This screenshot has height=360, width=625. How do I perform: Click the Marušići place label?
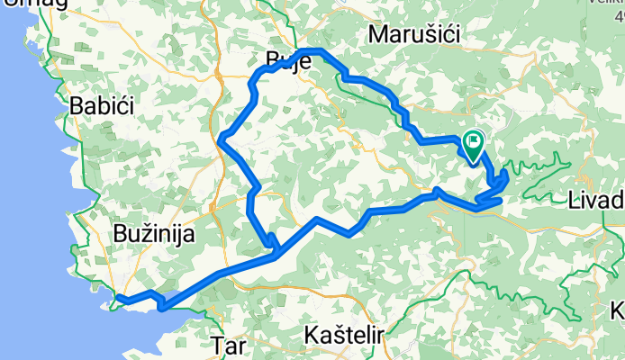pyautogui.click(x=415, y=34)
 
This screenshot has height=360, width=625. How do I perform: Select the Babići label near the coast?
pyautogui.click(x=102, y=105)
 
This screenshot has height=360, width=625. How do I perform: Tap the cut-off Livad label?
pyautogui.click(x=597, y=199)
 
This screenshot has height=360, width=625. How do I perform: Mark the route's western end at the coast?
pyautogui.click(x=116, y=300)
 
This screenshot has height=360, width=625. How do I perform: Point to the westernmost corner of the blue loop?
pyautogui.click(x=221, y=137)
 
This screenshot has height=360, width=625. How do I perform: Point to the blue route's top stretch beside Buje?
pyautogui.click(x=312, y=51)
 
